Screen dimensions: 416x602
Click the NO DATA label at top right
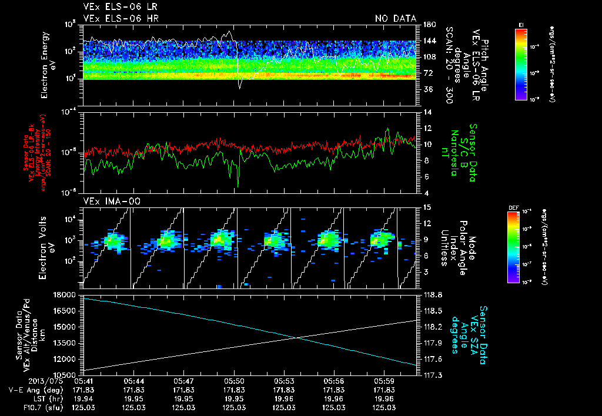tap(395, 18)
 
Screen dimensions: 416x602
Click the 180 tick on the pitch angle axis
tap(429, 24)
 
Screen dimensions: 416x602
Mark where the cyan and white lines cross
tap(299, 337)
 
